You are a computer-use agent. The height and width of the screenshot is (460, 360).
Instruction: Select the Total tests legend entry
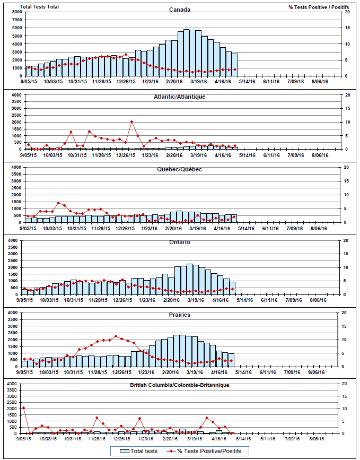coord(139,451)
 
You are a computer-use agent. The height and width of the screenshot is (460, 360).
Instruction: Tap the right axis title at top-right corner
coord(319,7)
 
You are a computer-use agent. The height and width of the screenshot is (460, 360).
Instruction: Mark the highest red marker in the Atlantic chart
coord(131,122)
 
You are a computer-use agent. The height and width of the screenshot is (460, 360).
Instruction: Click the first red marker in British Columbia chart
coord(24,408)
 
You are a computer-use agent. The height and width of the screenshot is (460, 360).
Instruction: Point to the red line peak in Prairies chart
coord(116,336)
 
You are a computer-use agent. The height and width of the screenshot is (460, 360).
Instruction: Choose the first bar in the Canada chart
coord(29,71)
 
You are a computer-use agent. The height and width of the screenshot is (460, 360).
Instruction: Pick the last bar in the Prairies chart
coord(231,360)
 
